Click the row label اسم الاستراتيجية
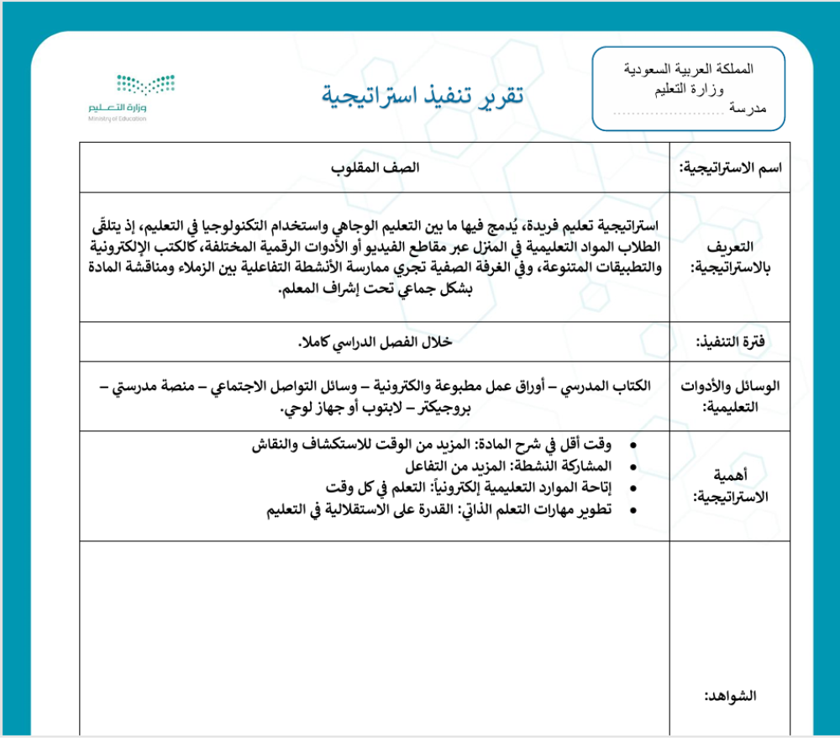pos(730,167)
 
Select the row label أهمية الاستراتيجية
pos(728,485)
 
